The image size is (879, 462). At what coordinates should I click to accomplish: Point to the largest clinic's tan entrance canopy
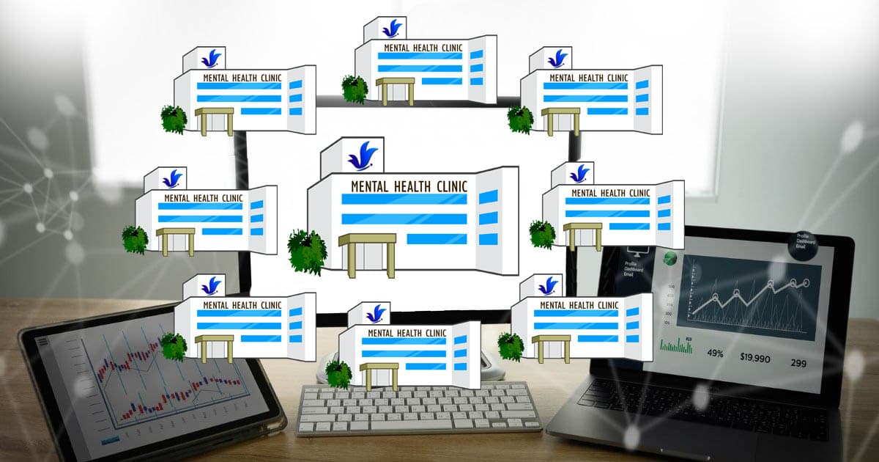click(371, 241)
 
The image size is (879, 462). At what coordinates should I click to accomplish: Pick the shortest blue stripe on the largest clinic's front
click(437, 238)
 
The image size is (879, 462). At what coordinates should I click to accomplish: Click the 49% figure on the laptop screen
click(715, 353)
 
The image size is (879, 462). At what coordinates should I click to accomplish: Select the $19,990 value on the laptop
click(754, 358)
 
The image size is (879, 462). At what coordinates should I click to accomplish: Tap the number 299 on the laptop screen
click(798, 362)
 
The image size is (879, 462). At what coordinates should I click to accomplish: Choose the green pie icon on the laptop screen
click(670, 259)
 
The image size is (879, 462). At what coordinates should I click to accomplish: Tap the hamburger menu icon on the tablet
click(43, 341)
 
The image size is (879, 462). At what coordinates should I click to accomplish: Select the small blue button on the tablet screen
click(111, 439)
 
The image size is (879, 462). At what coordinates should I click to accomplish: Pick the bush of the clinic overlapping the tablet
click(174, 346)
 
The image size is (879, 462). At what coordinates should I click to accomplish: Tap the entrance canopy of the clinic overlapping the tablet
click(213, 343)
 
